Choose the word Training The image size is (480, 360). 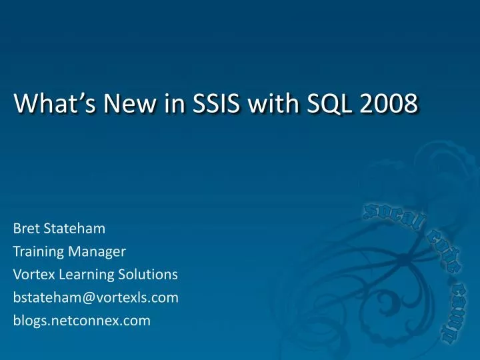(x=37, y=252)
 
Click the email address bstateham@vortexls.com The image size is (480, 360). (x=96, y=298)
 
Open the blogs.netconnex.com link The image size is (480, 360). (x=82, y=321)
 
